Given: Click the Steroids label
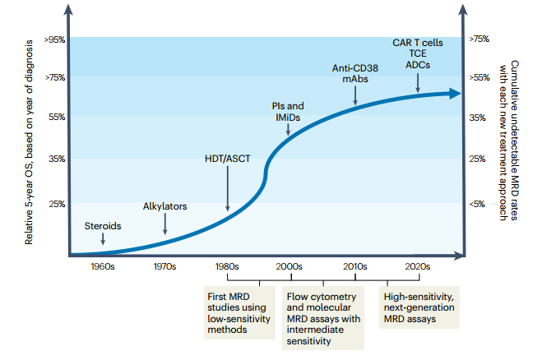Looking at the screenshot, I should coord(103,225).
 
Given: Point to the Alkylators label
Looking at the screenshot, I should coord(165,205).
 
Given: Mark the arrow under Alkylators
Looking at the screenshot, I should coord(165,224).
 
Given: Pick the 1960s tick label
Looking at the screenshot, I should coord(103,266).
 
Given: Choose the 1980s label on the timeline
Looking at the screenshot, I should coord(226,266).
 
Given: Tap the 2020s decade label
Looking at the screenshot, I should coord(418,266).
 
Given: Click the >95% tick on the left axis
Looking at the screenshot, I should coord(54,39).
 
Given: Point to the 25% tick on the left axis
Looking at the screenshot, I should coord(57,204).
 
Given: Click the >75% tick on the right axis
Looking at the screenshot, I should coord(479,39).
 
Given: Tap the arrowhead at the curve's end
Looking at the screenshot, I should coord(455,94).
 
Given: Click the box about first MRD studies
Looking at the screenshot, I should coord(239,312).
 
